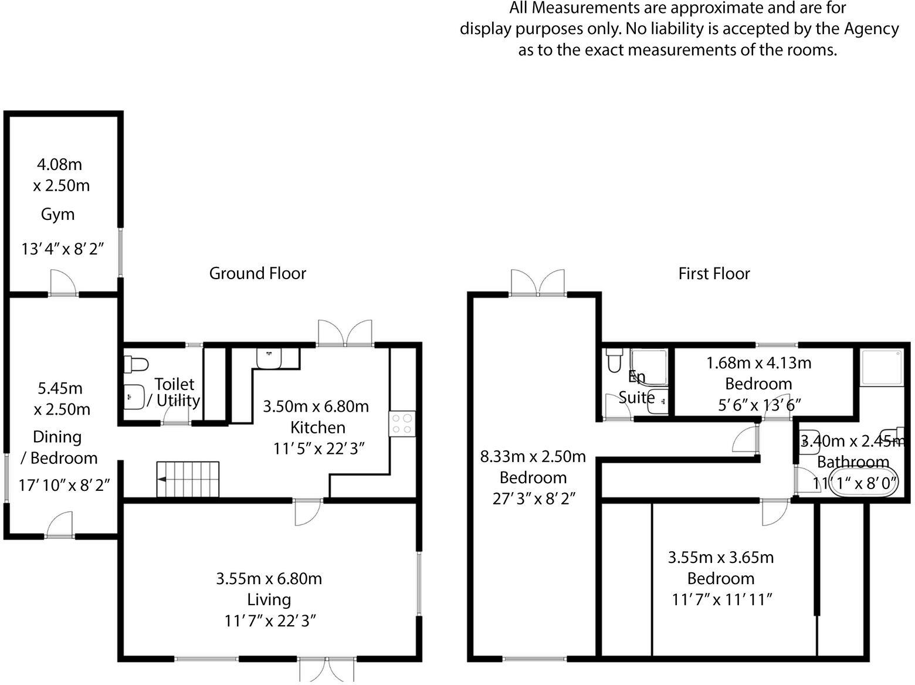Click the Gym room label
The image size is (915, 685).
pyautogui.click(x=58, y=215)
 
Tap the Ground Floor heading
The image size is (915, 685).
pyautogui.click(x=257, y=273)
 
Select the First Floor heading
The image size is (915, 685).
pyautogui.click(x=714, y=274)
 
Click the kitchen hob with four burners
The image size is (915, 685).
pyautogui.click(x=402, y=423)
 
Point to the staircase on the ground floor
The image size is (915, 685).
pyautogui.click(x=188, y=479)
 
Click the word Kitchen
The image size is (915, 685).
pyautogui.click(x=318, y=428)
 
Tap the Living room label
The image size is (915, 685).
pyautogui.click(x=269, y=599)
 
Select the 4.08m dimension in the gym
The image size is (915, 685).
pyautogui.click(x=59, y=165)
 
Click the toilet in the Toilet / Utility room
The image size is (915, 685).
pyautogui.click(x=136, y=364)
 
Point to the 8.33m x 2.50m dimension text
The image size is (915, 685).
pyautogui.click(x=533, y=457)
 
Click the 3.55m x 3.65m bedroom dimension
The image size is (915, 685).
pyautogui.click(x=721, y=558)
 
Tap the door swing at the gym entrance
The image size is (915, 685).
pyautogui.click(x=63, y=283)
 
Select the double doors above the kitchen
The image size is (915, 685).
pyautogui.click(x=345, y=333)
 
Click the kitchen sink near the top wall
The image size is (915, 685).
pyautogui.click(x=269, y=358)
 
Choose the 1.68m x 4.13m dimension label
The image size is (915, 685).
pyautogui.click(x=758, y=363)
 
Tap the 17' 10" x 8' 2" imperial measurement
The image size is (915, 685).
pyautogui.click(x=64, y=486)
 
